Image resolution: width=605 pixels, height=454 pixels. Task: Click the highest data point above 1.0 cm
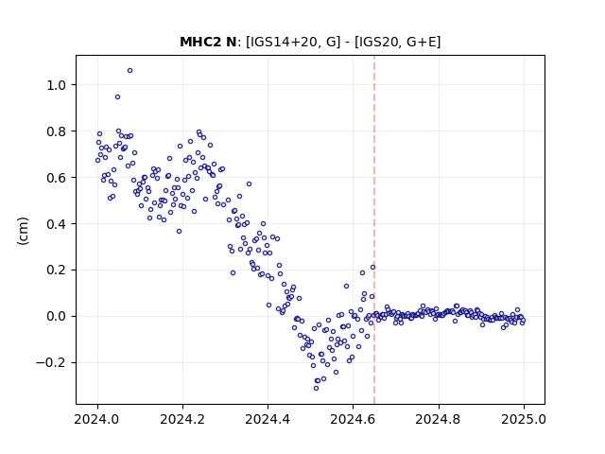pos(130,70)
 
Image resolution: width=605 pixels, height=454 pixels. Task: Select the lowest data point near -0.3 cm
pos(316,388)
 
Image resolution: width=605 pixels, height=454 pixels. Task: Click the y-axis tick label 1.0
pos(57,85)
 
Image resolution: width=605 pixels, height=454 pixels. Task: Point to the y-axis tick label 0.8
pos(57,131)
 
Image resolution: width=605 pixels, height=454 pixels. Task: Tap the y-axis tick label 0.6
pos(57,178)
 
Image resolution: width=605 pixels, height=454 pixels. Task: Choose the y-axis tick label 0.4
pos(57,224)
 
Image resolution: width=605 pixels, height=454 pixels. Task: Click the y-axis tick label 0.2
pos(57,270)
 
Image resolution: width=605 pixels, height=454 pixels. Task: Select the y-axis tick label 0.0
pos(57,316)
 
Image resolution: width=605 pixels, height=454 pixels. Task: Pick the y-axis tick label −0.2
pos(51,362)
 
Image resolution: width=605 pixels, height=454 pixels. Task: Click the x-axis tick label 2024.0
pos(97,419)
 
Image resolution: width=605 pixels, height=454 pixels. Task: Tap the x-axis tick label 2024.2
pos(182,419)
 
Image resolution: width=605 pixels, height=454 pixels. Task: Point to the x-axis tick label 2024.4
pos(268,419)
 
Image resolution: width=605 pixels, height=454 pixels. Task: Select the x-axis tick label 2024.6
pos(353,419)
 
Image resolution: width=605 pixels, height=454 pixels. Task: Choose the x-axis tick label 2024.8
pos(439,419)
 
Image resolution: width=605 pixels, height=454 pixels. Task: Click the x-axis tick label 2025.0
pos(524,419)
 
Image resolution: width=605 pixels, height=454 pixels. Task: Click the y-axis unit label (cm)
pos(23,231)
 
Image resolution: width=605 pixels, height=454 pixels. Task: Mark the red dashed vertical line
pos(374,230)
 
